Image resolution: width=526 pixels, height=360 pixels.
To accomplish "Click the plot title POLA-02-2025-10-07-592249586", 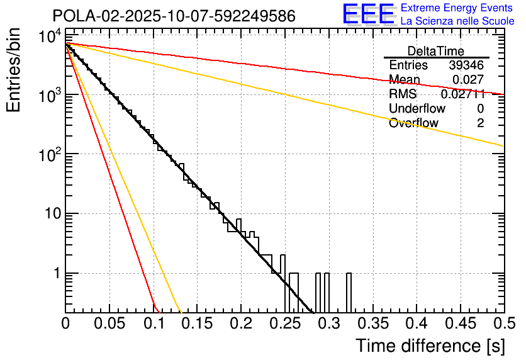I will pos(174,16).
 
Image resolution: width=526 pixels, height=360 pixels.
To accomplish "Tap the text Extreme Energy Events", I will pos(457,8).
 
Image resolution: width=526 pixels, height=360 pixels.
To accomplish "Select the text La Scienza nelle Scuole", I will pos(457,21).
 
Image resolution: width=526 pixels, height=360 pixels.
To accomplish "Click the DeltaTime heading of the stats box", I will pos(436,51).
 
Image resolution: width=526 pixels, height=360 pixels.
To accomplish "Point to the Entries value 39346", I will pos(466,65).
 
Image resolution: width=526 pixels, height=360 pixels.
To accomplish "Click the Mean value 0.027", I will pos(468,79).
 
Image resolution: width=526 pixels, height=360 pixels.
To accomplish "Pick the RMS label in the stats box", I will pos(403,94).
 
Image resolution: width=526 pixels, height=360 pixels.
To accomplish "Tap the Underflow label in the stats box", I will pos(417,108).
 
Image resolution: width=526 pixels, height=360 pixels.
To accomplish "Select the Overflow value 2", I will pos(480,123).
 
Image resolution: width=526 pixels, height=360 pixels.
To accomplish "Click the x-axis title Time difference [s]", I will pos(429,345).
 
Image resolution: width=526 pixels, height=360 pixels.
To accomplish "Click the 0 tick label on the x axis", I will pos(65,323).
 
